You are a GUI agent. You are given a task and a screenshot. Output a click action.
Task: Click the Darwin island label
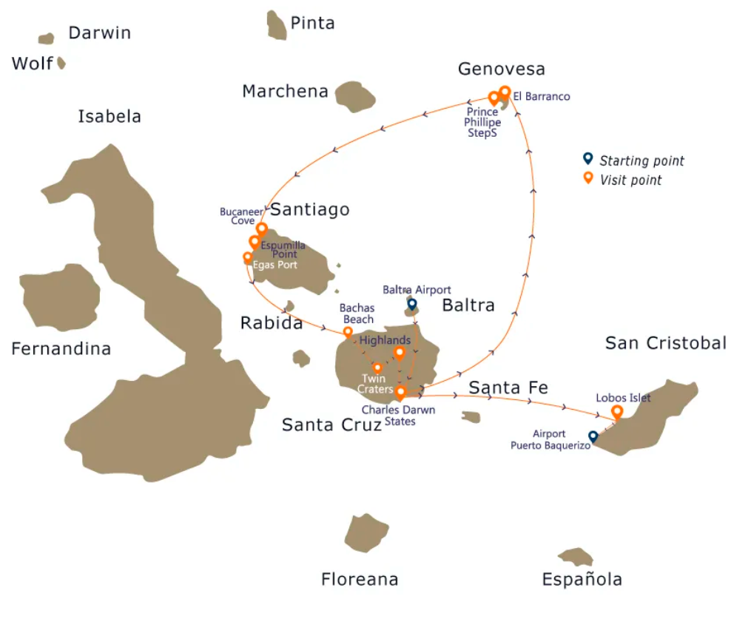coord(99,33)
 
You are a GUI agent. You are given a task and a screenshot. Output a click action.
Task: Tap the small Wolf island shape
coord(61,64)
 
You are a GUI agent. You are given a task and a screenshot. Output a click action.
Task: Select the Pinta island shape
coord(277,26)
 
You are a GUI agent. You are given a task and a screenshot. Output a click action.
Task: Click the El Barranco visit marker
coord(505,92)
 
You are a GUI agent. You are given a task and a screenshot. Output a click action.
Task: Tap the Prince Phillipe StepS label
coord(482,123)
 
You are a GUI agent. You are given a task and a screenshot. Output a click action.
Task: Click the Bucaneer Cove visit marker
coord(261,229)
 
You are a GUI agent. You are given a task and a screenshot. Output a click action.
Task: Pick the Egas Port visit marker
coord(248,258)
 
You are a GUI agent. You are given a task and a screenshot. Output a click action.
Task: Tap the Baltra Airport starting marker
coord(412,304)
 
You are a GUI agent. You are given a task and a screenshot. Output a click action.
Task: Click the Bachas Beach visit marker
coord(348,333)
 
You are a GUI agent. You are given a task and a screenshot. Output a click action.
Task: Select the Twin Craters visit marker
coord(377,368)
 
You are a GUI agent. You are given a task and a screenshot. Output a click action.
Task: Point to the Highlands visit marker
coord(400,353)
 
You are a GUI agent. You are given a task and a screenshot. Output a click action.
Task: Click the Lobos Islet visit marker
coord(616,411)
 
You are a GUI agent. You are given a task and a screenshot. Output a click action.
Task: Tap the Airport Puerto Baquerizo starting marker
coord(593,436)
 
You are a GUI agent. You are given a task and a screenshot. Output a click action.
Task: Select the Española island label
coord(582,580)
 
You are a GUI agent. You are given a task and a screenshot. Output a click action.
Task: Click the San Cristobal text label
coord(666,343)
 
